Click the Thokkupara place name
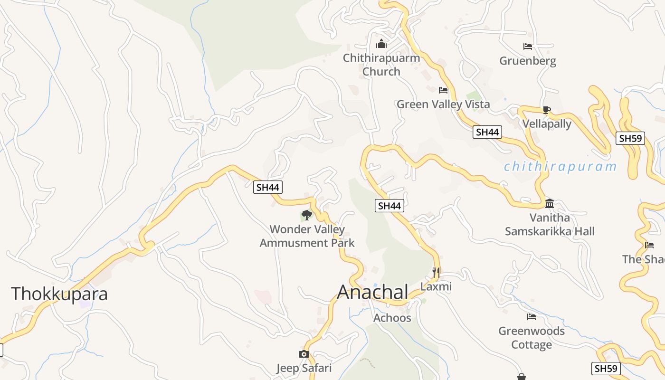pyautogui.click(x=59, y=294)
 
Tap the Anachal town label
pyautogui.click(x=373, y=292)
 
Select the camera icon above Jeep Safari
pyautogui.click(x=304, y=354)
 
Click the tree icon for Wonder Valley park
pyautogui.click(x=307, y=215)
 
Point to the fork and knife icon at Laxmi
pyautogui.click(x=436, y=273)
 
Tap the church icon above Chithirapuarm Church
pyautogui.click(x=381, y=44)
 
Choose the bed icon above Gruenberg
pyautogui.click(x=528, y=47)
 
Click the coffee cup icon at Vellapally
pyautogui.click(x=547, y=110)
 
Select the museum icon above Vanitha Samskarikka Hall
pyautogui.click(x=550, y=204)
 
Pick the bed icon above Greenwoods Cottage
pyautogui.click(x=532, y=317)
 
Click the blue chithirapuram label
pyautogui.click(x=560, y=167)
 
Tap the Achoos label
pyautogui.click(x=392, y=318)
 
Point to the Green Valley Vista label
pyautogui.click(x=443, y=104)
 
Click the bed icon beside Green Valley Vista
pyautogui.click(x=443, y=90)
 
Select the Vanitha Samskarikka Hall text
pyautogui.click(x=550, y=225)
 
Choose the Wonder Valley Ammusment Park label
pyautogui.click(x=307, y=236)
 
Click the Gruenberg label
pyautogui.click(x=528, y=61)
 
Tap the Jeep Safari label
pyautogui.click(x=304, y=368)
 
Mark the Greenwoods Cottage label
pyautogui.click(x=532, y=338)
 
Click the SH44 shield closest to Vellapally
pyautogui.click(x=487, y=132)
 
